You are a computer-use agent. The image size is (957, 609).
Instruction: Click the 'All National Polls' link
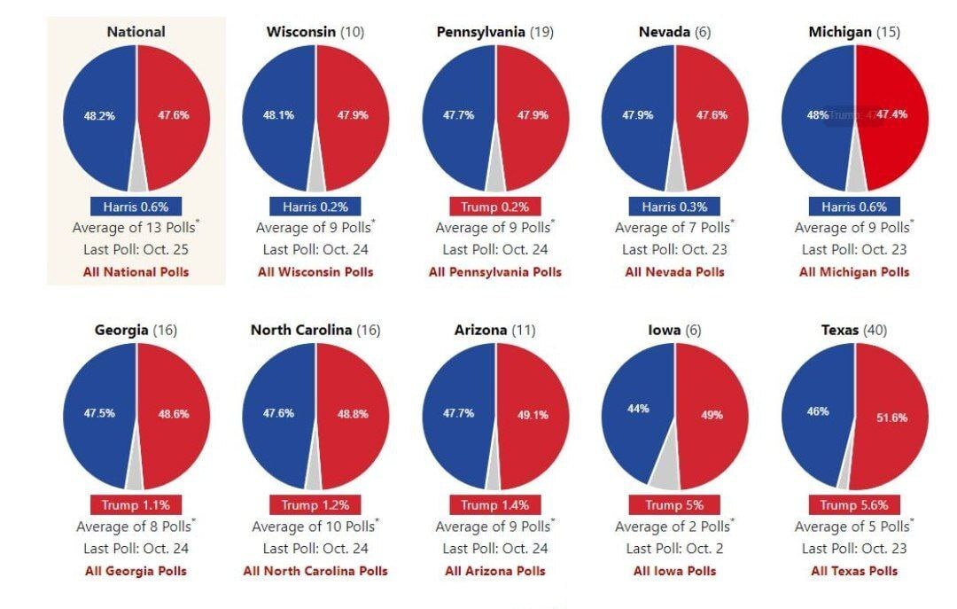click(x=136, y=272)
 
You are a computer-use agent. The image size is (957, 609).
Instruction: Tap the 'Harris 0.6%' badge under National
click(x=136, y=207)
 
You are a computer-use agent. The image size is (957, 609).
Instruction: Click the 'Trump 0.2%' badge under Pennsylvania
click(x=495, y=207)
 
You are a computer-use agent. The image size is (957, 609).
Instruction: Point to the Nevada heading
click(x=665, y=32)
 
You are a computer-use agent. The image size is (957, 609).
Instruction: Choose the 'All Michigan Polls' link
click(x=854, y=272)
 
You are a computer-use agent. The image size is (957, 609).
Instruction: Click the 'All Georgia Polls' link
click(x=136, y=571)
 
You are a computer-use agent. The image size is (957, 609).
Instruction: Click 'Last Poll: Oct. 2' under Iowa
click(x=674, y=549)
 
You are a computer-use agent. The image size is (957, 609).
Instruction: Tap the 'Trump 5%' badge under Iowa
click(x=674, y=505)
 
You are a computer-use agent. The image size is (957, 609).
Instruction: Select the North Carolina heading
click(x=302, y=331)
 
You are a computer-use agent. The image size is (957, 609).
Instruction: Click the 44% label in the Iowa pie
click(x=638, y=409)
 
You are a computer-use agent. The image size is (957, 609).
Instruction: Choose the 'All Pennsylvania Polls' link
click(x=495, y=272)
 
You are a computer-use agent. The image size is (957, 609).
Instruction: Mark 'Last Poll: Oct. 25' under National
click(x=136, y=250)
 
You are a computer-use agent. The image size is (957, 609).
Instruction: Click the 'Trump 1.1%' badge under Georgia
click(x=136, y=505)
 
